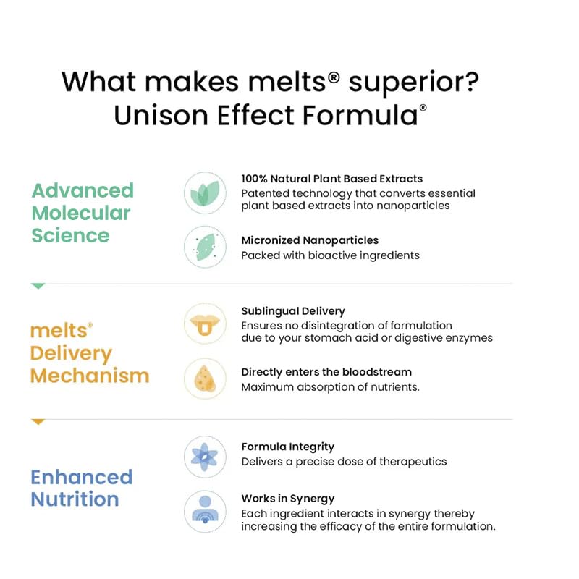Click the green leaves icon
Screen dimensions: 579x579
coord(205,193)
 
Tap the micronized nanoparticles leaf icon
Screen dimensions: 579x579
coord(205,247)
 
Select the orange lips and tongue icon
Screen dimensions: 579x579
coord(205,324)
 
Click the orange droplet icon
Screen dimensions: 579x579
coord(205,378)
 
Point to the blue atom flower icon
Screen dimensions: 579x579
coord(205,457)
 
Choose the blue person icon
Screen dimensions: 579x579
coord(205,512)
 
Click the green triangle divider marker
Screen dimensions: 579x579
coord(38,286)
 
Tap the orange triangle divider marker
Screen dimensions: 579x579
coord(38,422)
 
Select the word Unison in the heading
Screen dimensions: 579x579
coord(161,115)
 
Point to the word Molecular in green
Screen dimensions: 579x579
coord(81,214)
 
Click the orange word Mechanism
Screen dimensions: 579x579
coord(90,376)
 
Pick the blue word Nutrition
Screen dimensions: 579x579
coord(75,499)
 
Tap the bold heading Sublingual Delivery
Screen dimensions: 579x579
coord(293,311)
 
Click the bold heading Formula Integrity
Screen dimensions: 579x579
coord(288,447)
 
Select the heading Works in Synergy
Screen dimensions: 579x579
coord(288,499)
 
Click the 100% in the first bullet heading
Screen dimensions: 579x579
coord(254,179)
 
